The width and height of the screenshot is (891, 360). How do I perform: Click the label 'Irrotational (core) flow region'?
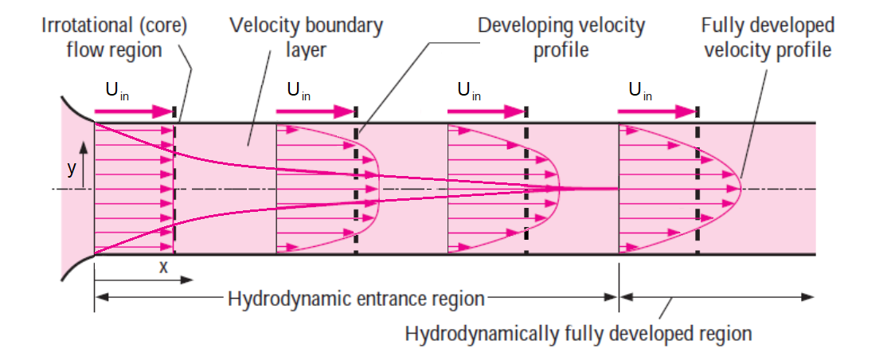(115, 37)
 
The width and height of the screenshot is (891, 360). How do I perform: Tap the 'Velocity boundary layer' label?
(306, 37)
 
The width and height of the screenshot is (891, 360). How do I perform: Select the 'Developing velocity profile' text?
(561, 37)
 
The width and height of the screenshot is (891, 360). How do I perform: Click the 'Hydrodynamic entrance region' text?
(356, 299)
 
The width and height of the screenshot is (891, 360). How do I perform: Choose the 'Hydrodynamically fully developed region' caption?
(578, 333)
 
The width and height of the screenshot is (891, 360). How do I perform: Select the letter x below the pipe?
(163, 267)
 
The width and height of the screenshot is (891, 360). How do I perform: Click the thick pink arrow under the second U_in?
(315, 112)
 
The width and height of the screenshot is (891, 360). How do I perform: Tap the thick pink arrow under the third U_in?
(486, 112)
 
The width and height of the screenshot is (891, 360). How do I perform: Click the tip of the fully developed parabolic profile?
(742, 189)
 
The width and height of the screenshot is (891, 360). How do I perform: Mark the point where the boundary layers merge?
(617, 189)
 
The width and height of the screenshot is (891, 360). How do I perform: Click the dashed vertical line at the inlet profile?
(175, 189)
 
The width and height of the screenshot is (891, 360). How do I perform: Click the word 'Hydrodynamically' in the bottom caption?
(467, 333)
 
